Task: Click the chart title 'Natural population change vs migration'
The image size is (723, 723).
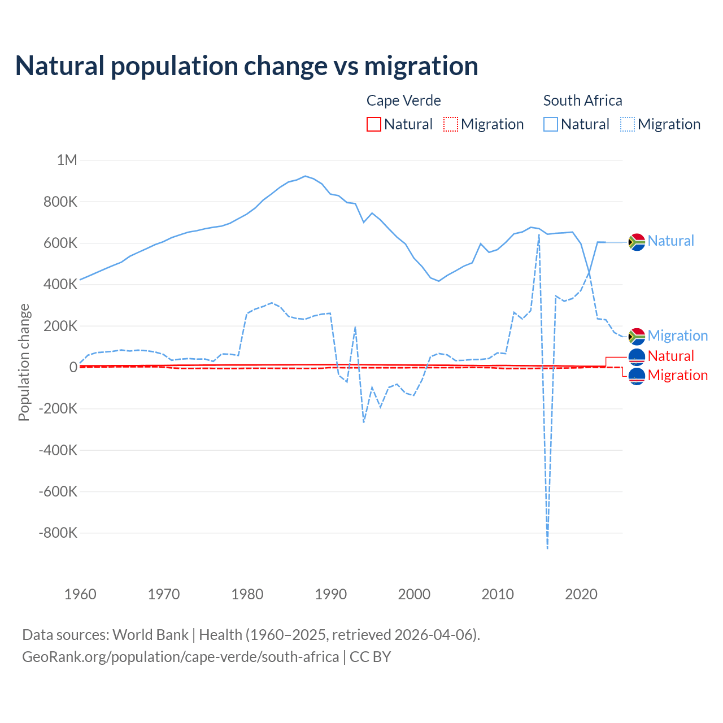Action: pos(246,66)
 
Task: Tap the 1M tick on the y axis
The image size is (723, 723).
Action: pos(67,160)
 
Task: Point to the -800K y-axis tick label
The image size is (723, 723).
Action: pos(58,533)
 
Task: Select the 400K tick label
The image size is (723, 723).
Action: pos(60,284)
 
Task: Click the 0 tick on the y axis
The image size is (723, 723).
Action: pos(73,367)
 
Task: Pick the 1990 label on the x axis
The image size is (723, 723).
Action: pos(330,594)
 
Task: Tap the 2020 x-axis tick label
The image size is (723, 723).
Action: pos(581,594)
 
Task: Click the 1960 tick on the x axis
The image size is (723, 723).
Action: pos(80,594)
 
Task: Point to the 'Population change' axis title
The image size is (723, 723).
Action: pos(24,362)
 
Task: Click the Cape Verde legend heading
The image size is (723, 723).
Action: pos(403,101)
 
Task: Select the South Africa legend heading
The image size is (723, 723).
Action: pos(582,101)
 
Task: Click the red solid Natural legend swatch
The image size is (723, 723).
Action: pos(374,124)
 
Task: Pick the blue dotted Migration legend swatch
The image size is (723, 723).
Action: pos(628,124)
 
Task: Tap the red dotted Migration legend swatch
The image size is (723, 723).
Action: pos(451,124)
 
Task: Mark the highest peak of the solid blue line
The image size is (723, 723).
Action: pos(306,176)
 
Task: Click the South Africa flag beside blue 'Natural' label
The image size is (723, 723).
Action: pos(637,242)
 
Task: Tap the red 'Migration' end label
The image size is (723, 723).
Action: pos(677,375)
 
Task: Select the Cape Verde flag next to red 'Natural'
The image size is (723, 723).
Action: pos(637,356)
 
